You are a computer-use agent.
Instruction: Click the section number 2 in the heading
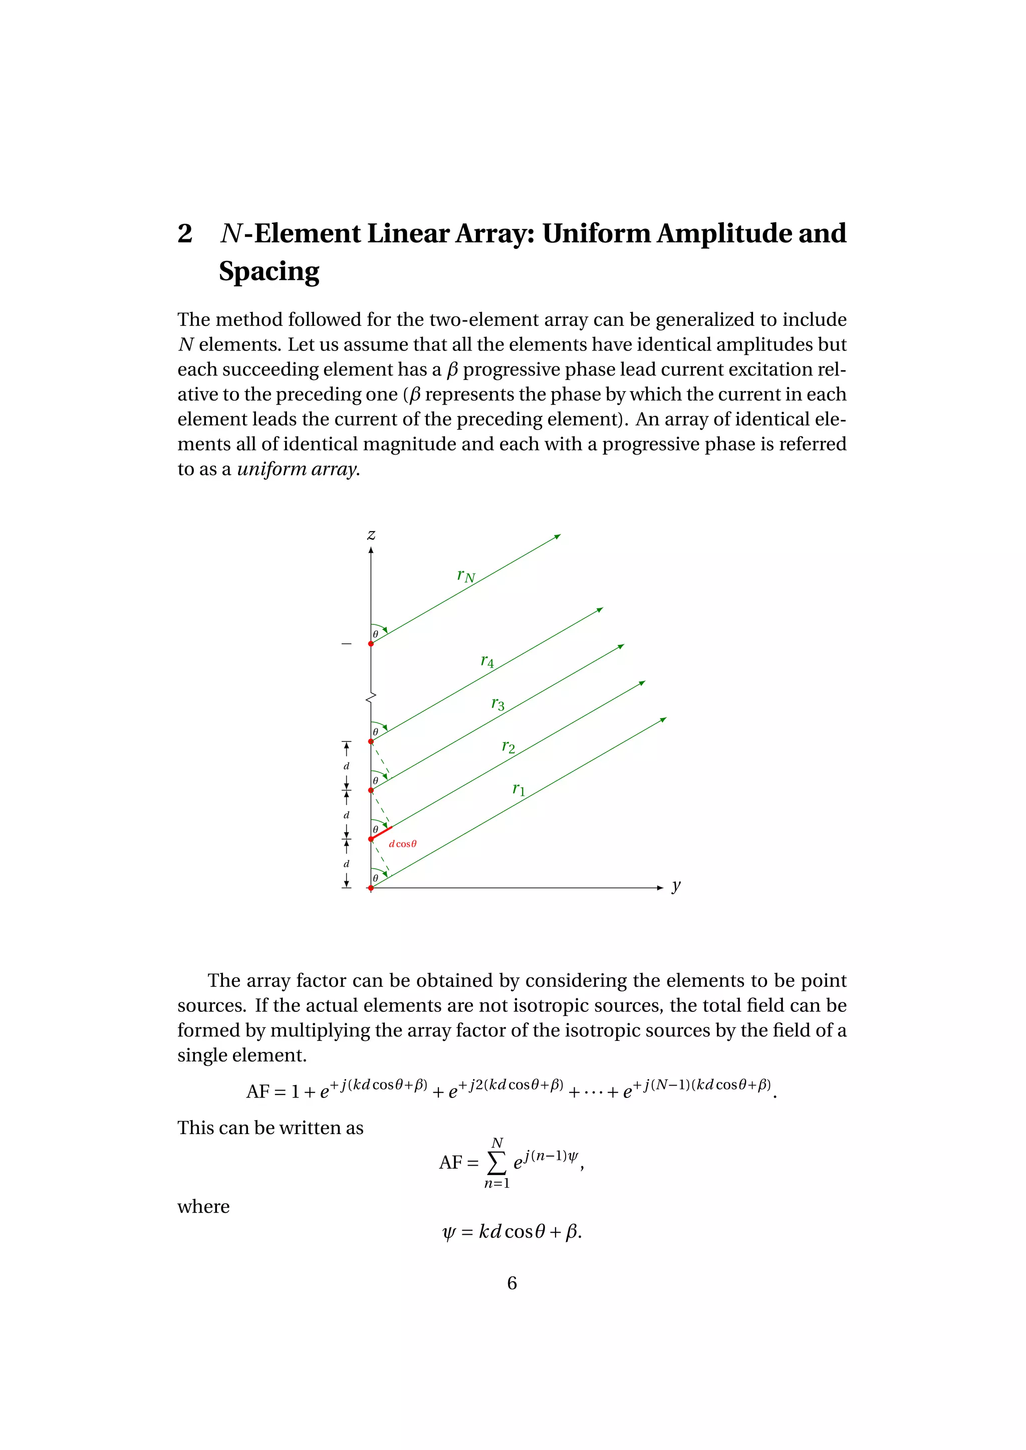coord(184,234)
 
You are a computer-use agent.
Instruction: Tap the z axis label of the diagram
coord(372,535)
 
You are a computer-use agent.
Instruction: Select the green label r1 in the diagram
coord(518,790)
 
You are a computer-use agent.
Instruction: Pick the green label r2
coord(508,747)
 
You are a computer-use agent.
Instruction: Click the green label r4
coord(487,661)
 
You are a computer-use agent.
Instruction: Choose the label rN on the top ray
coord(465,576)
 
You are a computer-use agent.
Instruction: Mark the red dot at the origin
coord(371,888)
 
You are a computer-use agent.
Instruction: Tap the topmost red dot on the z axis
coord(371,643)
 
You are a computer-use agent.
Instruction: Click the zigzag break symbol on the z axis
coord(371,697)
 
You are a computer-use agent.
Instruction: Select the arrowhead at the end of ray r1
coord(663,719)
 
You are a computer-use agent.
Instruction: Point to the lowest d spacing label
coord(346,864)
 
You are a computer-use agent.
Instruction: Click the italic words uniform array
coord(298,469)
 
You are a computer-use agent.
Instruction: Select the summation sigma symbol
coord(497,1163)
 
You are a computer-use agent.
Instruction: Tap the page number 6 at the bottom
coord(511,1283)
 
